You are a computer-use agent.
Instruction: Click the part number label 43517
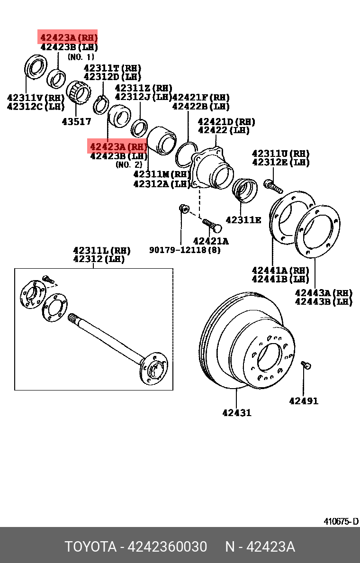coord(76,122)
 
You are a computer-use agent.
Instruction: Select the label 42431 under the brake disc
coord(237,413)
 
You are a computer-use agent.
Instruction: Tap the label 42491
coord(304,401)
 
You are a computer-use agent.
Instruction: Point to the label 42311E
coord(243,219)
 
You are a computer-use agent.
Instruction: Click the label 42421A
coord(211,241)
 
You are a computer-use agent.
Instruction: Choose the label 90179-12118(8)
coord(185,250)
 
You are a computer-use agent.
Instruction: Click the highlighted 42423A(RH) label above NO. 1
coord(68,37)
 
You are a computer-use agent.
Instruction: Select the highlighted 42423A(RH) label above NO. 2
coord(118,146)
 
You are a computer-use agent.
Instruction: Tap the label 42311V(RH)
coord(36,98)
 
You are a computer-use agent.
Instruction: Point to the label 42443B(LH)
coord(324,301)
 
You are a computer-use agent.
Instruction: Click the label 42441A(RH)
coord(280,270)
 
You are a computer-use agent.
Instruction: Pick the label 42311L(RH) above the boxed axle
coord(101,250)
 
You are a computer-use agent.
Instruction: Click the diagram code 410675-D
coord(341,521)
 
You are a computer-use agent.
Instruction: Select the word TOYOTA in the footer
coord(90,547)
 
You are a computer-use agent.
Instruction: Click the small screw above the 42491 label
coord(306,365)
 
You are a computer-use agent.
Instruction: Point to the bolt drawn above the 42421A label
coord(209,224)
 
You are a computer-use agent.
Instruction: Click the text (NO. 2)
coord(128,165)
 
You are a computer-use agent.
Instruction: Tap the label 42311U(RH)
coord(281,154)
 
